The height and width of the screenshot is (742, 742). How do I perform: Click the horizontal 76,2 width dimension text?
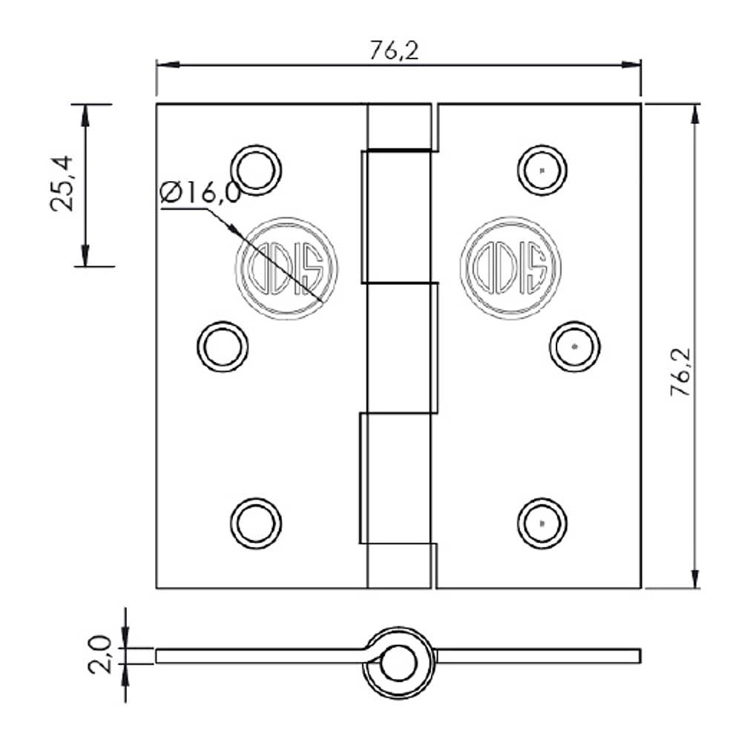click(x=394, y=50)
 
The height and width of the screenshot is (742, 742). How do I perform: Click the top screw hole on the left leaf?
click(x=256, y=170)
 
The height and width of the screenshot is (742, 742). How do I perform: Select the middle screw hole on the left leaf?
click(x=223, y=347)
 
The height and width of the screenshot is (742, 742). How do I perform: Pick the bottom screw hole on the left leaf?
click(x=256, y=522)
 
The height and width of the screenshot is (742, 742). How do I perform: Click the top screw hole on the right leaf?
click(x=542, y=170)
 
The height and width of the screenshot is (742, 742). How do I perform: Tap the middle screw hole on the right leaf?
click(x=575, y=347)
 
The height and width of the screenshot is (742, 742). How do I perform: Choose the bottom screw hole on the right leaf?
click(x=542, y=522)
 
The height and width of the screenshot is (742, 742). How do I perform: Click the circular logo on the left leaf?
click(x=286, y=268)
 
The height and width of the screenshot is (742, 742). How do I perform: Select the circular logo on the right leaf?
click(x=510, y=268)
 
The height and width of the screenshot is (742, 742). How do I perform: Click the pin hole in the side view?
click(x=398, y=663)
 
